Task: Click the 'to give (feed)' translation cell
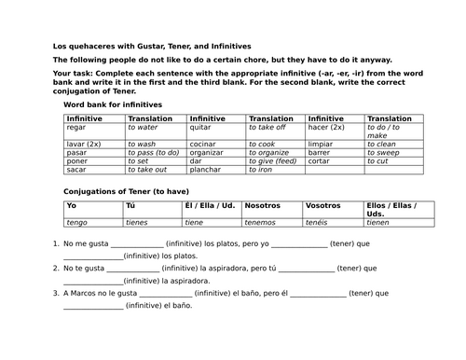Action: coord(269,161)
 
